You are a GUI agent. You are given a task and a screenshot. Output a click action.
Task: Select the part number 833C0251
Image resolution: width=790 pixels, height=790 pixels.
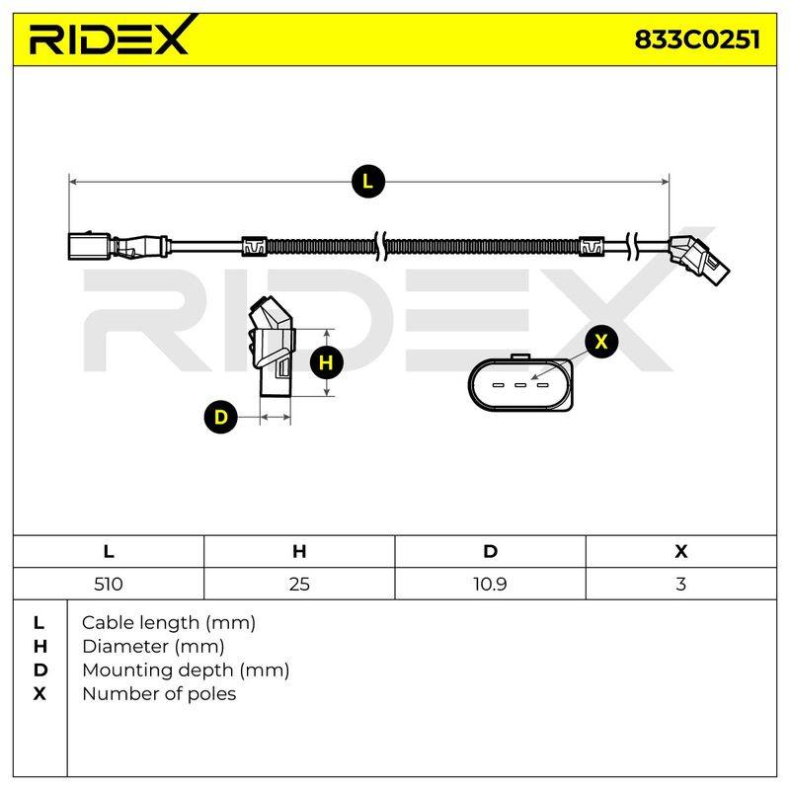697,39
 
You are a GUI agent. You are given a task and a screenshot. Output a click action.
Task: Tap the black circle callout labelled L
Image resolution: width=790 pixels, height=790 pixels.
368,181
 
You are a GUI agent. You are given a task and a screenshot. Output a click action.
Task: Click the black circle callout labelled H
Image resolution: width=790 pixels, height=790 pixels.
327,362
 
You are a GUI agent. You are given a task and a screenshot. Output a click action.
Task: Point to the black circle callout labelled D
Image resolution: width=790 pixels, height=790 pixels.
220,417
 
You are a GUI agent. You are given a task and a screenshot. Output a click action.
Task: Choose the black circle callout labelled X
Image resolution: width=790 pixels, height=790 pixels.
601,342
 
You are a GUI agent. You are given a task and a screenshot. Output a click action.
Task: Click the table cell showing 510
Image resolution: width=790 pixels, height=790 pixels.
109,584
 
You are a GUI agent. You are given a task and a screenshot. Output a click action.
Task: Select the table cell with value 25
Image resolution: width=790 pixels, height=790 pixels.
299,584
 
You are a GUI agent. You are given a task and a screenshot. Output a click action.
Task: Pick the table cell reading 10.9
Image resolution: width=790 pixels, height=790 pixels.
490,584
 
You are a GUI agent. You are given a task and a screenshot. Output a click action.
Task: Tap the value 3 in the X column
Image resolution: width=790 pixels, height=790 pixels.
681,584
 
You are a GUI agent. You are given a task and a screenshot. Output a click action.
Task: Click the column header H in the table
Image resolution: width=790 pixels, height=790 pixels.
299,551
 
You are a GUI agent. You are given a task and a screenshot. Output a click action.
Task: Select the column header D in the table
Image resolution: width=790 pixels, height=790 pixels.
490,551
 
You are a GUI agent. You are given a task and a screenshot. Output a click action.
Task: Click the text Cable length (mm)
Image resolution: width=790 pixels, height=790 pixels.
169,623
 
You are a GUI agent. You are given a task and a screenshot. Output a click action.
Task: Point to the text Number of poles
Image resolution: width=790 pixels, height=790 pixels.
159,694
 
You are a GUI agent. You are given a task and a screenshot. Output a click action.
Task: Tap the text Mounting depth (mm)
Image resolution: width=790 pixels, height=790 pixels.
186,671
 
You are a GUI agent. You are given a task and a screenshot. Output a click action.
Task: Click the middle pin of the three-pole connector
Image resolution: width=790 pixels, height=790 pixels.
520,385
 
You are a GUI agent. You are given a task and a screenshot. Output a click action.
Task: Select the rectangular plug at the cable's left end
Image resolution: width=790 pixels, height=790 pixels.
89,246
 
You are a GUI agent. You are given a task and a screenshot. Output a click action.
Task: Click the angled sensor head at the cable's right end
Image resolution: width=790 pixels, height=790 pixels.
699,260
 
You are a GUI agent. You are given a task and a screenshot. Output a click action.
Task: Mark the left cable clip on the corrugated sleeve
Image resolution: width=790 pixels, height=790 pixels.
254,246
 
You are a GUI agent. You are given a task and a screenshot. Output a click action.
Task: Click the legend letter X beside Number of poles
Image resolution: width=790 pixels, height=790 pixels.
39,694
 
